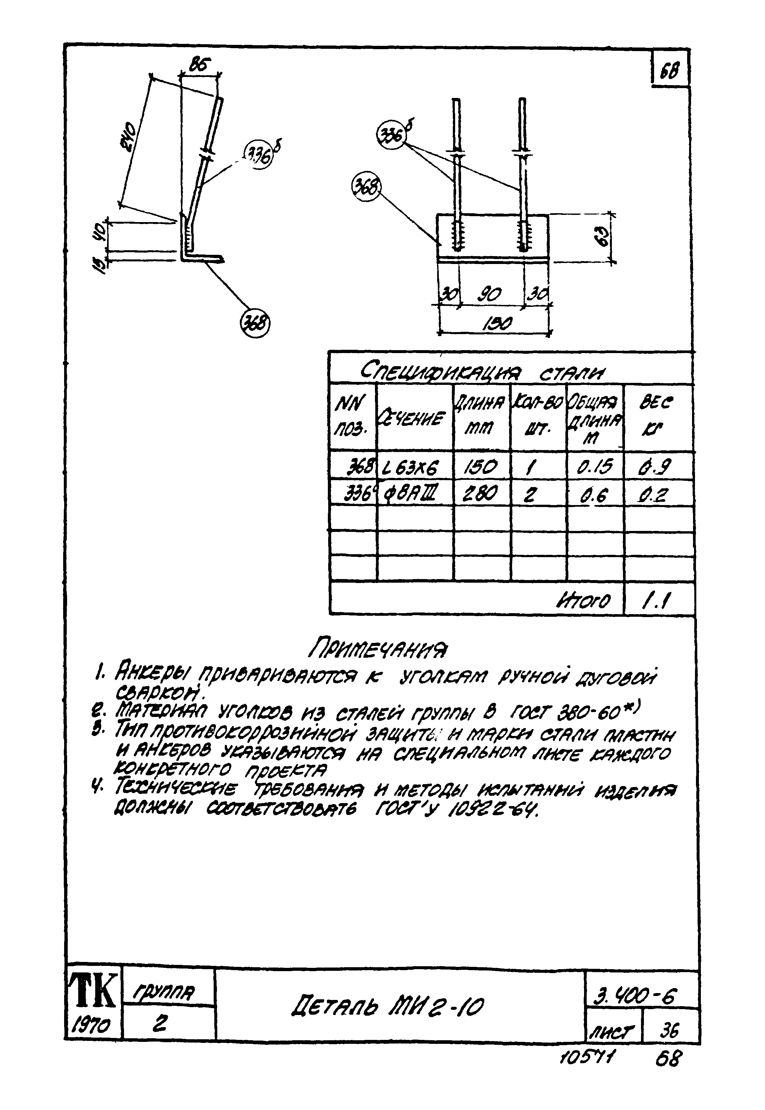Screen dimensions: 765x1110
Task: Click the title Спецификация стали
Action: tap(482, 371)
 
